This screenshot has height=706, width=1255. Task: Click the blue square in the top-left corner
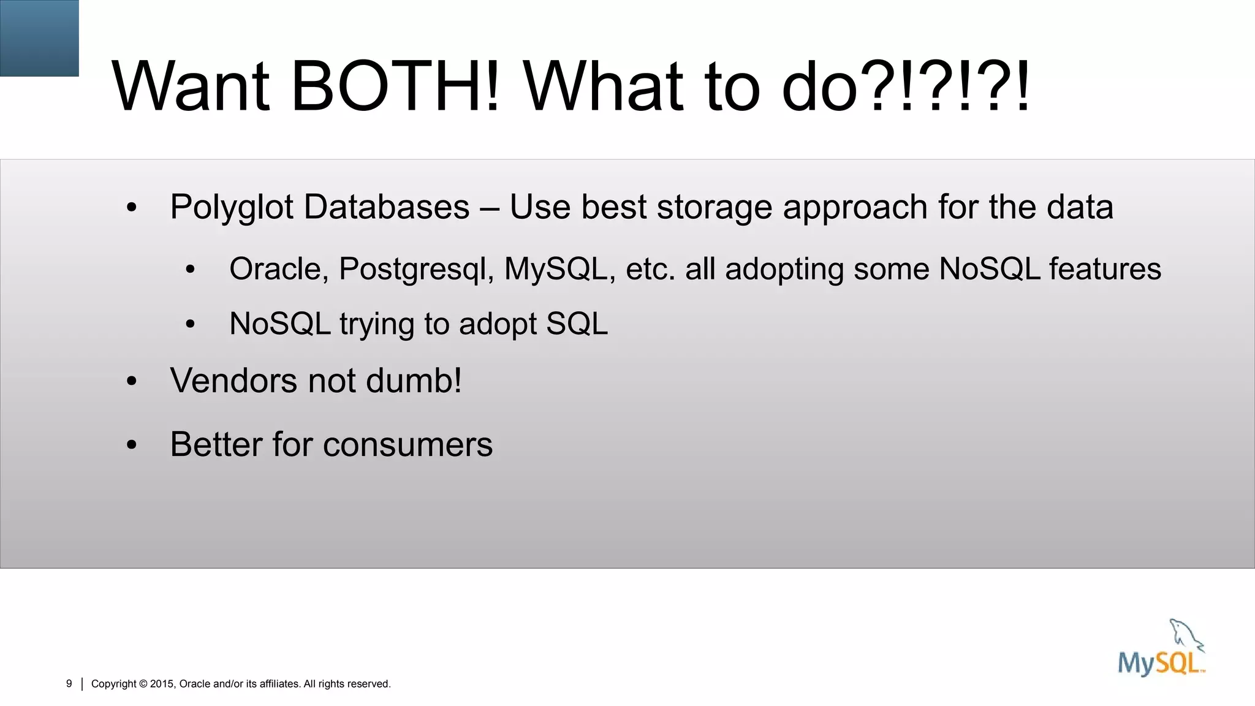[39, 38]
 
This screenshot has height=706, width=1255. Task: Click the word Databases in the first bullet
[386, 207]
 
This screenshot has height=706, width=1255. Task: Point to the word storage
[714, 207]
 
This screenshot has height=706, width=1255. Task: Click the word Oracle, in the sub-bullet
[279, 269]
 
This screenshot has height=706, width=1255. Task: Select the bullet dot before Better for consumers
[132, 446]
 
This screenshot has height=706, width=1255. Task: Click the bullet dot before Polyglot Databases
[132, 208]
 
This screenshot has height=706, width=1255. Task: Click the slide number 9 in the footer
[69, 683]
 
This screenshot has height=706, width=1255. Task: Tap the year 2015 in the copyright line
[162, 684]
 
